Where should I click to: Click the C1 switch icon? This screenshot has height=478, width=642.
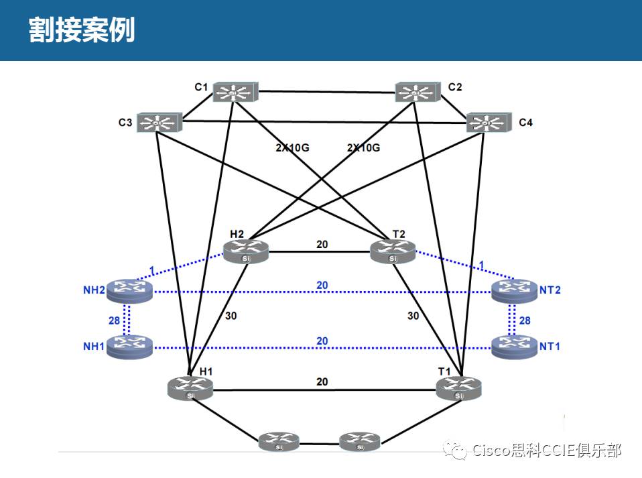tap(235, 92)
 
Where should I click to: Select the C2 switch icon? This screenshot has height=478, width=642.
tap(416, 92)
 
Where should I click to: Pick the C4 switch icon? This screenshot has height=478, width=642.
tap(487, 122)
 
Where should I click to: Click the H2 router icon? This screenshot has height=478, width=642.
tap(245, 251)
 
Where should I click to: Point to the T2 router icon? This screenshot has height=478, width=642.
tap(393, 251)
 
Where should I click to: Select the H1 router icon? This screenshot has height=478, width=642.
tap(190, 387)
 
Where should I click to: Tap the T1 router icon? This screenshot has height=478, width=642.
tap(458, 387)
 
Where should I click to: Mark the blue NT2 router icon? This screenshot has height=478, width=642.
tap(513, 290)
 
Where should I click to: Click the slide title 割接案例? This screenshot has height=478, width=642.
tap(82, 30)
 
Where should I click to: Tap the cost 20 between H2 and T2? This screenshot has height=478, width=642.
tap(322, 244)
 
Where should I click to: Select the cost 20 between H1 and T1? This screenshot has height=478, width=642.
tap(322, 381)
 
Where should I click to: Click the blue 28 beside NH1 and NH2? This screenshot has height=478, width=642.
tap(115, 320)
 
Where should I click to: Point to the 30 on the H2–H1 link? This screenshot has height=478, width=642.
tap(231, 315)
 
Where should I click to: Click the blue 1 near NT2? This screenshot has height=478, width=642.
tap(482, 265)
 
